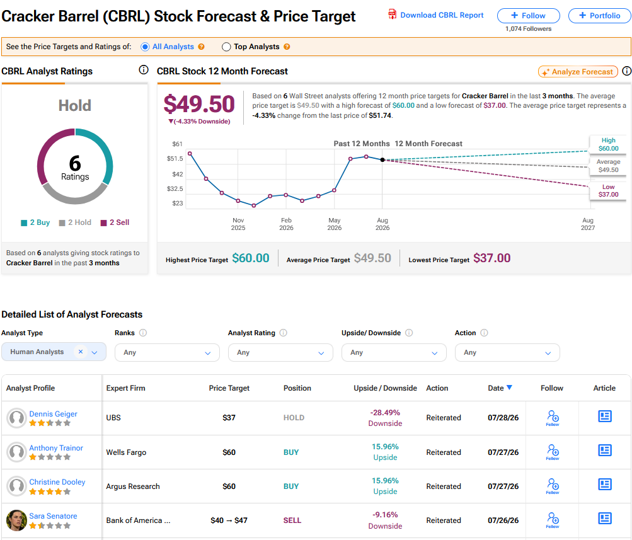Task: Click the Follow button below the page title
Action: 529,16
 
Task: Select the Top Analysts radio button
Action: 226,47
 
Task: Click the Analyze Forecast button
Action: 578,72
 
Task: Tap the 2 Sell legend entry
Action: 115,222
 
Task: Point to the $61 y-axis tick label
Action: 177,144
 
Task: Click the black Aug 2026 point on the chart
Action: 382,160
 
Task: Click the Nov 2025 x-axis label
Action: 238,224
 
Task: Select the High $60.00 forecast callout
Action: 608,144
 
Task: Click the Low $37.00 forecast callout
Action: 608,191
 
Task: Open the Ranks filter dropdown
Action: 167,353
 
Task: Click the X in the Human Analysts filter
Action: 81,352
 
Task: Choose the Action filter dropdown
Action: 507,353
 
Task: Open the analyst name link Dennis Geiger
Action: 53,414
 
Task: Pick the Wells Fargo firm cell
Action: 126,452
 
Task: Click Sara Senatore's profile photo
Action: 16,520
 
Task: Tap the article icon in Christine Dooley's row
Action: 605,485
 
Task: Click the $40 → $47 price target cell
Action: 229,520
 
